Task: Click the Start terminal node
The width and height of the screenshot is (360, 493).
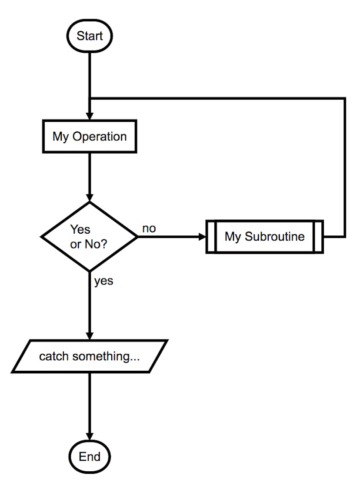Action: click(x=89, y=36)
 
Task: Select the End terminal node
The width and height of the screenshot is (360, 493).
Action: click(x=90, y=456)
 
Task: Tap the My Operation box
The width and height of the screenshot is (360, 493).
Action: click(x=89, y=137)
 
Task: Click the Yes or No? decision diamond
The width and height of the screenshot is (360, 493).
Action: click(x=89, y=237)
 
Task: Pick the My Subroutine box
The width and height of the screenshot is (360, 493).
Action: click(x=264, y=237)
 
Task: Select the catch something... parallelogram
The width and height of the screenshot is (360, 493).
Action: click(x=89, y=357)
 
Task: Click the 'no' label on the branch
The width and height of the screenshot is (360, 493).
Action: click(x=149, y=228)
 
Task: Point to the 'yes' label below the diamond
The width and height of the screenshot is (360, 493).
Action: click(x=103, y=281)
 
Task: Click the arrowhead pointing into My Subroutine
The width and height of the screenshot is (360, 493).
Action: click(x=202, y=237)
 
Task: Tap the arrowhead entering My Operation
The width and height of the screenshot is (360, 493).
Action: click(x=89, y=117)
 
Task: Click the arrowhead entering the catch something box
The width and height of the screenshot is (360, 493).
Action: click(x=89, y=336)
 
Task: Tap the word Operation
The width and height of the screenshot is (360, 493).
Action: click(x=100, y=137)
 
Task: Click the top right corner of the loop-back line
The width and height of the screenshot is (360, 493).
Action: click(x=345, y=98)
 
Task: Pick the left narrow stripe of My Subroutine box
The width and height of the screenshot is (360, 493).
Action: click(x=211, y=237)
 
